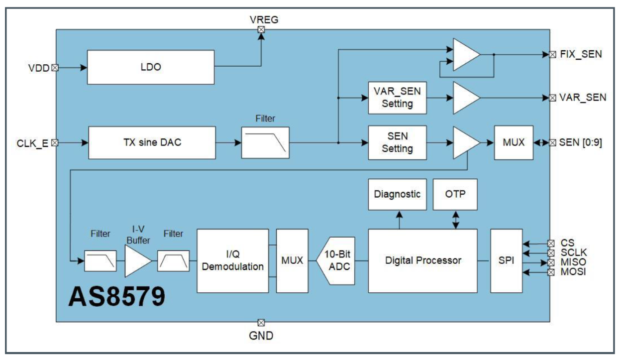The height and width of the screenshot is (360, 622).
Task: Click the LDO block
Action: tap(151, 67)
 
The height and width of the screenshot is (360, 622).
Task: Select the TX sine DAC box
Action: tap(152, 142)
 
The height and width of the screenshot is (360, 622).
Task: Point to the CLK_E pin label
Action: tap(33, 143)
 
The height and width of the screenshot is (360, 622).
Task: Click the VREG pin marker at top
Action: tap(261, 29)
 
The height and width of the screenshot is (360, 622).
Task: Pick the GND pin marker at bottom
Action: tap(261, 322)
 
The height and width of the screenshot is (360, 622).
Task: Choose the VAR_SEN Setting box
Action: tap(397, 97)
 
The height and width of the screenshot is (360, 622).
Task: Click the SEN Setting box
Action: tap(397, 142)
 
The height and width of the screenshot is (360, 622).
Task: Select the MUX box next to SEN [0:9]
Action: tap(514, 142)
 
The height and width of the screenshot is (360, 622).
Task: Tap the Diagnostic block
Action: tap(397, 194)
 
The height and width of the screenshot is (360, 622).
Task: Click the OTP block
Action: tap(455, 194)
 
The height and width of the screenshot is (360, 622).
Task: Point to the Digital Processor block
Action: tap(422, 260)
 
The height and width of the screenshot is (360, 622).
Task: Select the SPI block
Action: tap(506, 260)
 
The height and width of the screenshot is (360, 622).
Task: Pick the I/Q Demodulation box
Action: tap(232, 260)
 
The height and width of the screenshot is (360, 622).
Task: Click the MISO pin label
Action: tap(573, 262)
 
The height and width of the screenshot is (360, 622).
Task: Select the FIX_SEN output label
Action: tap(581, 54)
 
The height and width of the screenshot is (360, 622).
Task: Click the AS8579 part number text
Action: tap(116, 297)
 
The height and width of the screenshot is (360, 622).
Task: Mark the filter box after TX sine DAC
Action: tap(265, 142)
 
